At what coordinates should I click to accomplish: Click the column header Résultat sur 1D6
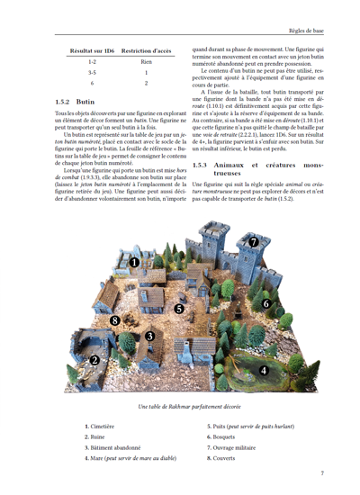[x=93, y=51]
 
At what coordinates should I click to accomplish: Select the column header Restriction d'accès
[x=146, y=51]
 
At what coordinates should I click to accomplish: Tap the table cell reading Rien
[x=146, y=61]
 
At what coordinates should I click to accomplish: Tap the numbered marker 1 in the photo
[x=134, y=262]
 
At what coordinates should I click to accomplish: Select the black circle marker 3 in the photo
[x=124, y=337]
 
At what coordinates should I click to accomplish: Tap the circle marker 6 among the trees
[x=266, y=304]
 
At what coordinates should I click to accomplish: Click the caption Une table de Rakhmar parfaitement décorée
[x=179, y=407]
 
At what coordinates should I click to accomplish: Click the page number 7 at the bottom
[x=321, y=472]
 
